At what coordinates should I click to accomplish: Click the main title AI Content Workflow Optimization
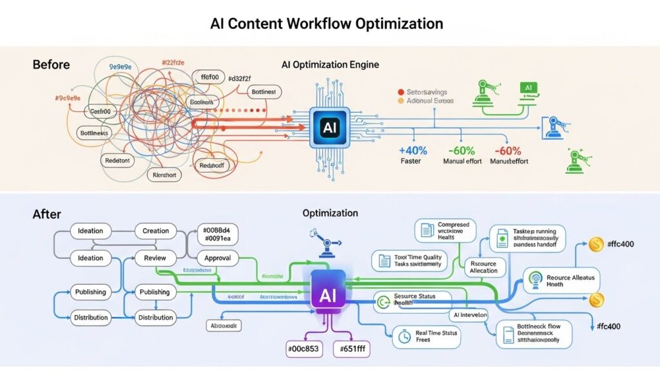(x=327, y=24)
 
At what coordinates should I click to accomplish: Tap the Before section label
(x=51, y=64)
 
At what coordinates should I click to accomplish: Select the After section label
(x=46, y=214)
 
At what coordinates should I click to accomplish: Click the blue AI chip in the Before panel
(x=329, y=128)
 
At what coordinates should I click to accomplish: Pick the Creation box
(x=155, y=231)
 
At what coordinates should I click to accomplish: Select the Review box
(x=155, y=258)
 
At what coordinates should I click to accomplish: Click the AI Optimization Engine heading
(x=330, y=65)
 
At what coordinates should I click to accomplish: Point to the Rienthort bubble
(x=165, y=175)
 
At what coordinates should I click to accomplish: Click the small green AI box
(x=529, y=88)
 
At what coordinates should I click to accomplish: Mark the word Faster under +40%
(x=411, y=161)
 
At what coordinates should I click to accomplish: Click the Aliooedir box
(x=224, y=326)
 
